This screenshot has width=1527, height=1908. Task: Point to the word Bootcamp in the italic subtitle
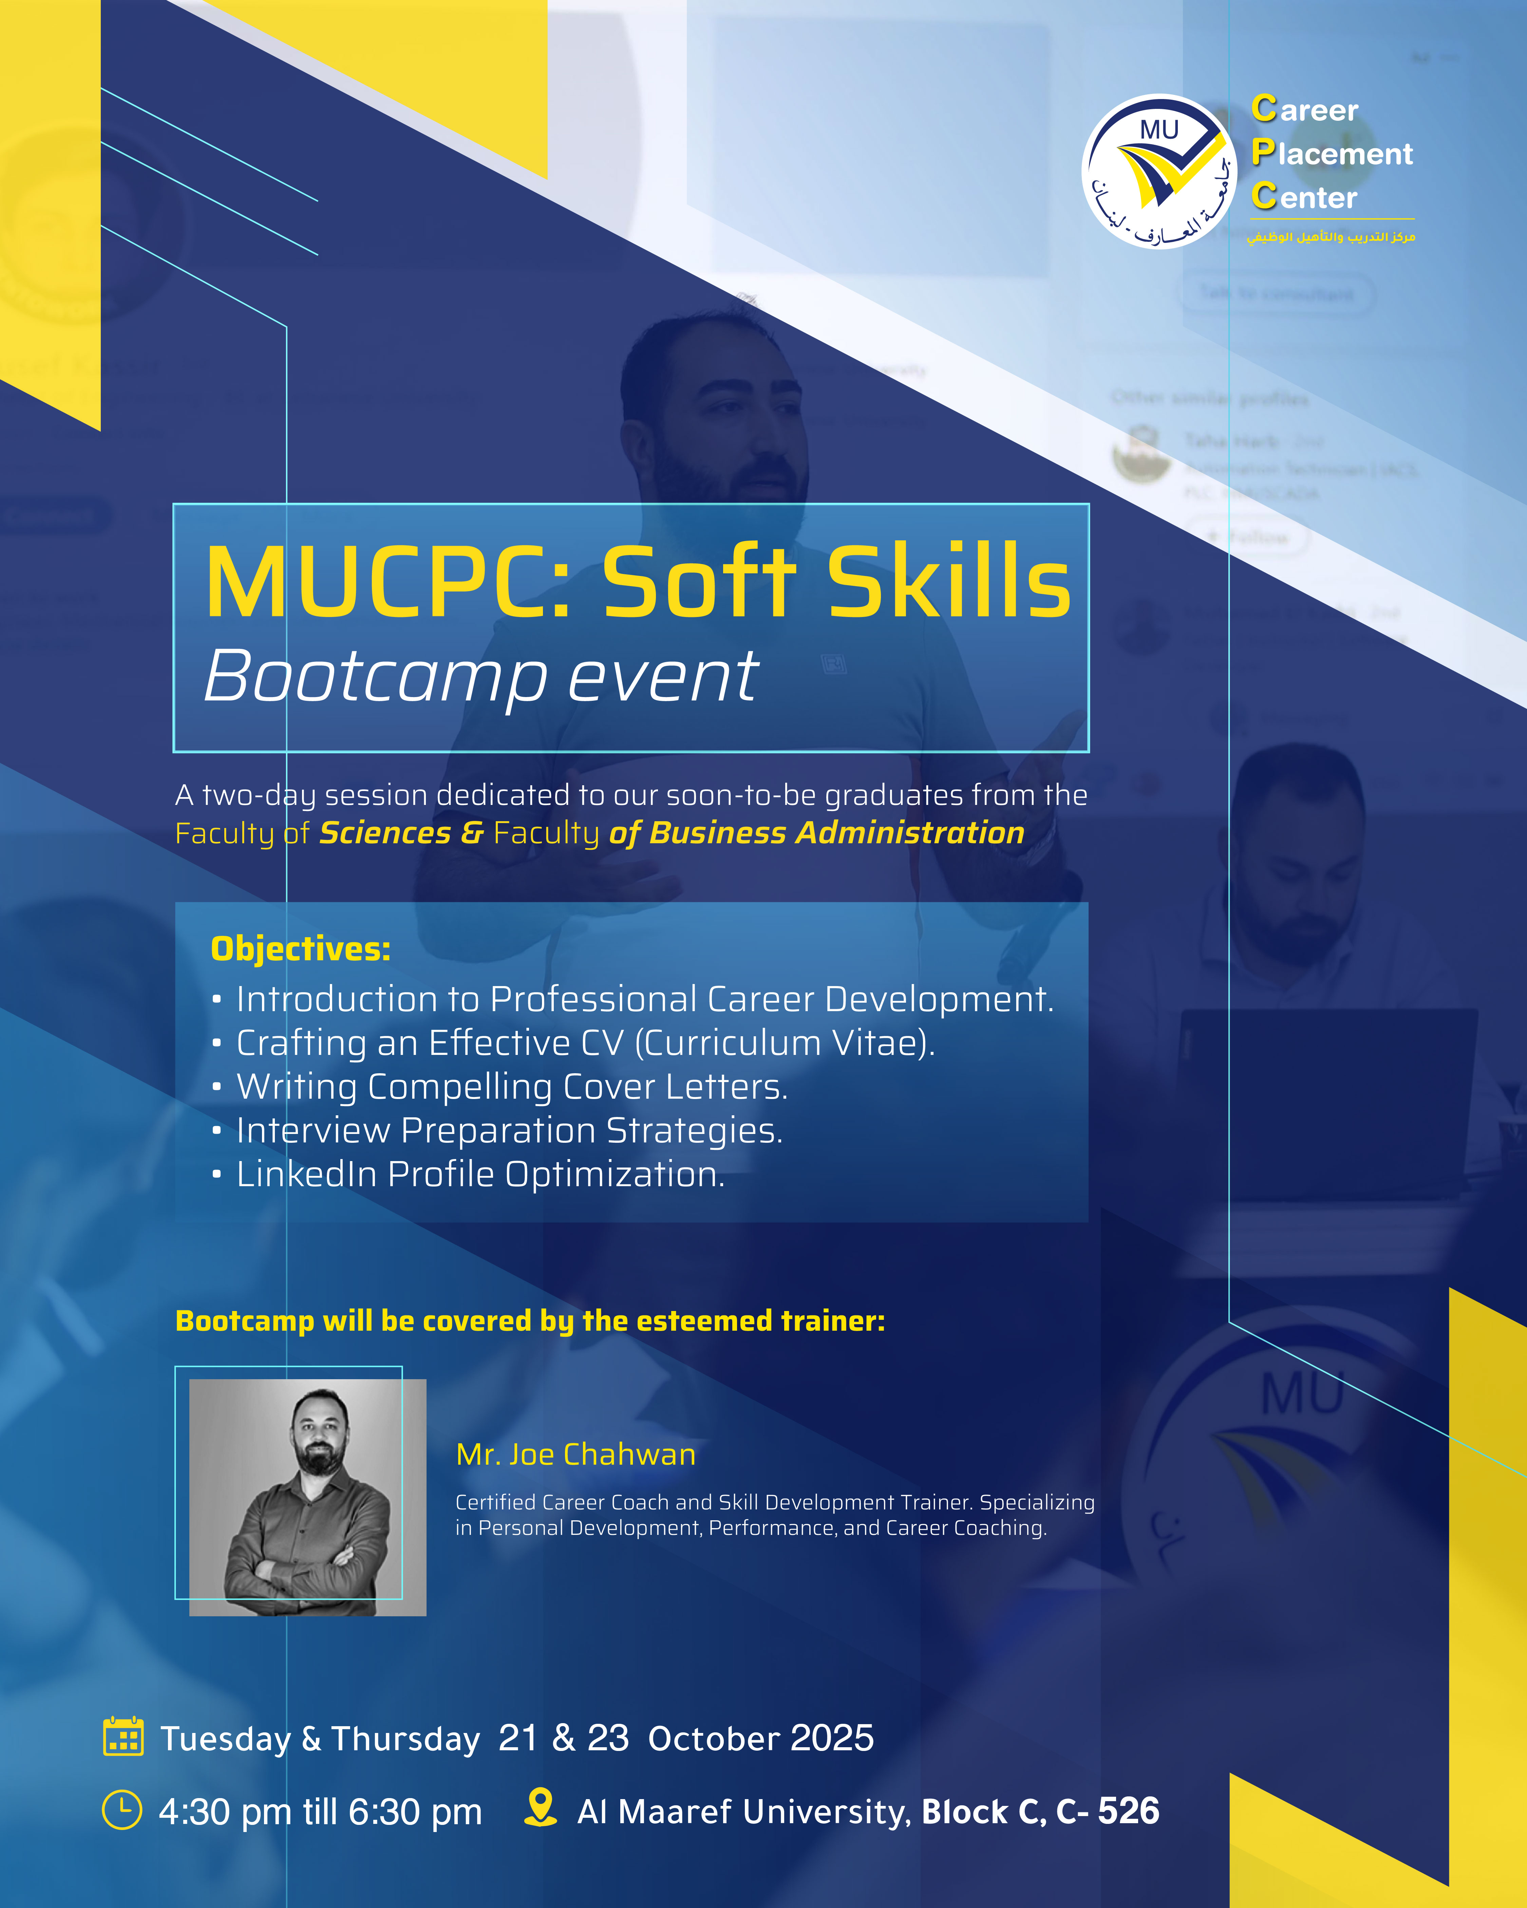[376, 677]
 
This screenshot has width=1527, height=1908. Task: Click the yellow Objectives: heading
[301, 949]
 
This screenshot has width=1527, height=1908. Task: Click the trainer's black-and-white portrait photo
[308, 1497]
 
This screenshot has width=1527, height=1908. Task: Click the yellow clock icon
[122, 1810]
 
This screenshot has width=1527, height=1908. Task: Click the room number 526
[1129, 1811]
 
